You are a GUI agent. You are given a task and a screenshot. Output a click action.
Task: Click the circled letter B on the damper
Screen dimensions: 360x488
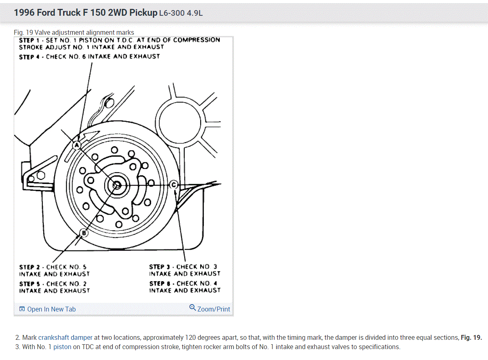84,233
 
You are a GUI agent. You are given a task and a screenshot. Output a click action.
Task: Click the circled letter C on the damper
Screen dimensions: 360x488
174,185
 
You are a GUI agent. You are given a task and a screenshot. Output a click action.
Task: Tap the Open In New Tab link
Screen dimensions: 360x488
51,309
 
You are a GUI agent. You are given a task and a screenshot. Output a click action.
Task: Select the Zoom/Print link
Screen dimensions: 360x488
213,309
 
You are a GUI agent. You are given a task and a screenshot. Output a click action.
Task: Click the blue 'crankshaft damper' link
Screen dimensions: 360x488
65,337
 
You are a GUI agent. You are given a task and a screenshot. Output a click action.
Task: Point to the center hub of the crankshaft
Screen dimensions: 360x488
116,185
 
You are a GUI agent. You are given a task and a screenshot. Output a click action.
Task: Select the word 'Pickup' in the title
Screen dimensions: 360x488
143,13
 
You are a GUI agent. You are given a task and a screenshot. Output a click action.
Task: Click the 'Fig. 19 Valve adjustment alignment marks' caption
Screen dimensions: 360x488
74,32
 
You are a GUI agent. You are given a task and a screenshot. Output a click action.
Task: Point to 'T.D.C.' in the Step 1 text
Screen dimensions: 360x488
125,40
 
